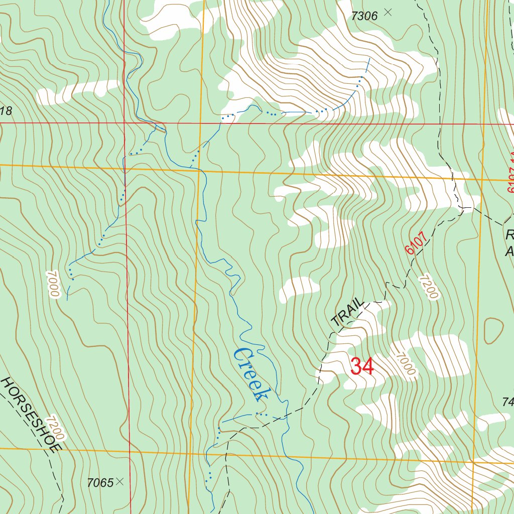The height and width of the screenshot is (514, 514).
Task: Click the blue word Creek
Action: (249, 374)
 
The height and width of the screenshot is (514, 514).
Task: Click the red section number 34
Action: (362, 366)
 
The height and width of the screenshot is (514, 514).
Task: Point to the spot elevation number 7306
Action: (364, 16)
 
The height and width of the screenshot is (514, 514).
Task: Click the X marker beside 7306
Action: (387, 12)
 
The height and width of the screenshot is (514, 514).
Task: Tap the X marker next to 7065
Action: (119, 481)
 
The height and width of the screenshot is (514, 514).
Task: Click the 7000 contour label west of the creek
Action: (53, 284)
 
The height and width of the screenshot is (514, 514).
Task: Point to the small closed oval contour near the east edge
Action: (493, 331)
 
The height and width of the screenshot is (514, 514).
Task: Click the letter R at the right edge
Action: (510, 235)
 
